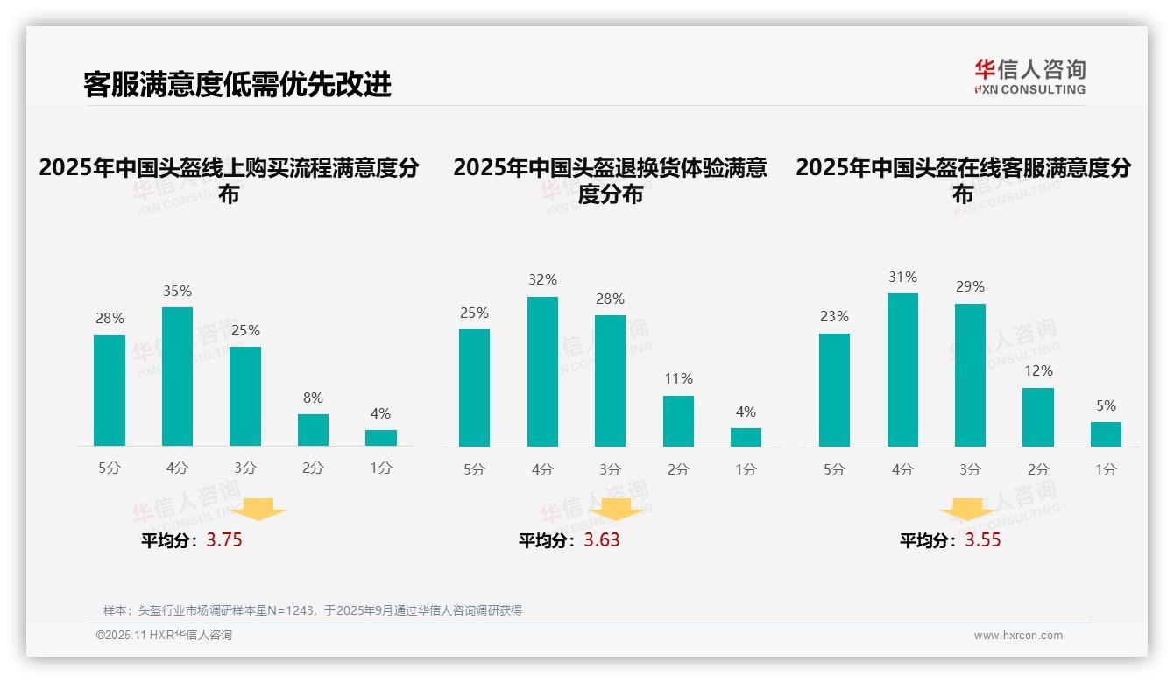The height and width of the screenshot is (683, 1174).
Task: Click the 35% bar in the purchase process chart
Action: (177, 377)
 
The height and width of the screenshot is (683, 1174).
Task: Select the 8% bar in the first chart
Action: (313, 430)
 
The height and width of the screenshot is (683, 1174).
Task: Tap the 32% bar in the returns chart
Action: (542, 371)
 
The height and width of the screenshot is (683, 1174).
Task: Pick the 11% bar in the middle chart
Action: (678, 421)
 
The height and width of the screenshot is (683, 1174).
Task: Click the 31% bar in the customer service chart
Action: (902, 370)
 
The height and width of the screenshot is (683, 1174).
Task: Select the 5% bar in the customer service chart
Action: (1106, 434)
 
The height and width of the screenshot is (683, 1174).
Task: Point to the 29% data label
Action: (970, 286)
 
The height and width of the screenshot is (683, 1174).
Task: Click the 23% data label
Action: (834, 316)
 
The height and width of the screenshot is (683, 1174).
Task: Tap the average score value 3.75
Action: (224, 540)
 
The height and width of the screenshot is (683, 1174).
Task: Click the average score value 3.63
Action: (602, 540)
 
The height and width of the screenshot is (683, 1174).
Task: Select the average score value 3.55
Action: (983, 540)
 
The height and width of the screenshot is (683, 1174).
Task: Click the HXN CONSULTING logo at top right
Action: (1029, 76)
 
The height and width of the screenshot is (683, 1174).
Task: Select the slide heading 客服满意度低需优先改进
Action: (237, 84)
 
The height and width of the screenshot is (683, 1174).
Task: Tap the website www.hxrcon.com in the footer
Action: (1018, 636)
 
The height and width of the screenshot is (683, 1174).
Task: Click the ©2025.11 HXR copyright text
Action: (164, 636)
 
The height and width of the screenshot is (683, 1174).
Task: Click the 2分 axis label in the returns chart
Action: (678, 469)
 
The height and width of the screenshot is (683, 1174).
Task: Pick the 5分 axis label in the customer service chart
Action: (834, 469)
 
